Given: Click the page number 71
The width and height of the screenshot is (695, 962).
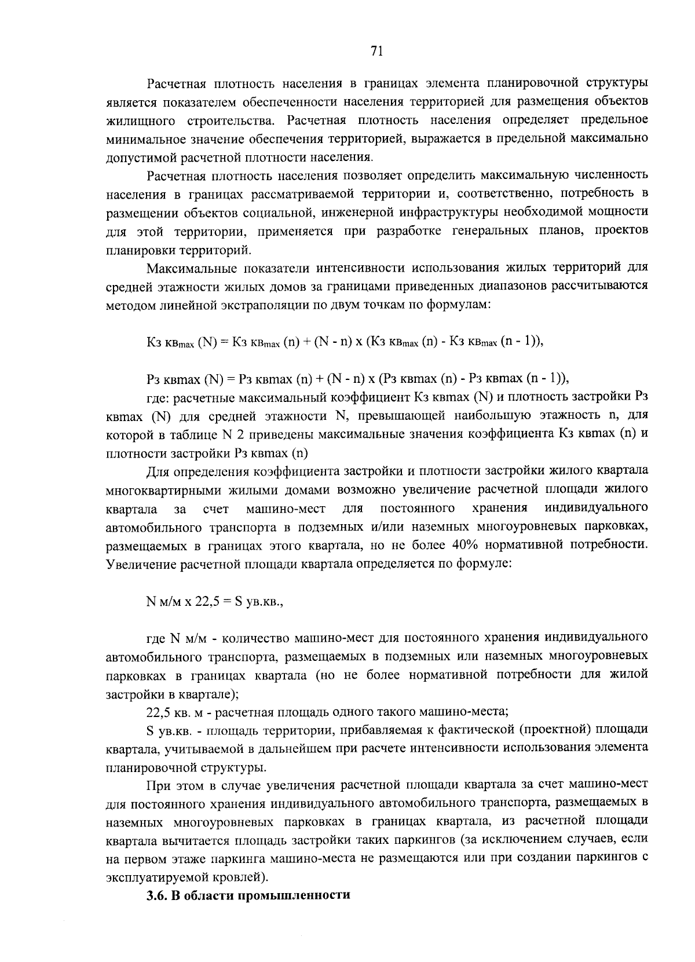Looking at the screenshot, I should (x=376, y=52).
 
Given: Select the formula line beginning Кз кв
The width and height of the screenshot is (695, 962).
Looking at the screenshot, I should (x=345, y=342).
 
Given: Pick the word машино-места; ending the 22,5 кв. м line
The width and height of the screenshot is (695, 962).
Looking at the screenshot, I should (x=469, y=710).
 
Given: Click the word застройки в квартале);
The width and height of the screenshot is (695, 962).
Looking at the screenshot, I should (x=173, y=693).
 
